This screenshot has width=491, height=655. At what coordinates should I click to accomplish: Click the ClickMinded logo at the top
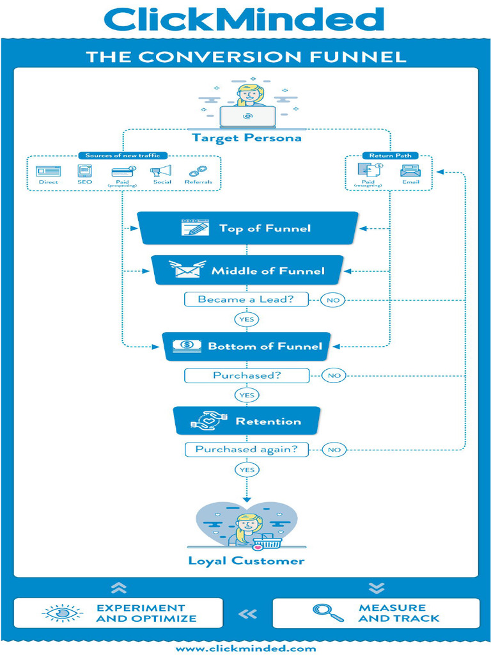[x=244, y=19]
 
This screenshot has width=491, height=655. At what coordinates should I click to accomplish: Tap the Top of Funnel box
[x=248, y=228]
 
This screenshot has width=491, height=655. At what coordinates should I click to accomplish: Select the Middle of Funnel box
[x=248, y=271]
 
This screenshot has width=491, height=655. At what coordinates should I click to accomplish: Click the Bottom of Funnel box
[x=246, y=346]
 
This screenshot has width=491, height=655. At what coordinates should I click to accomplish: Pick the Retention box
[x=246, y=421]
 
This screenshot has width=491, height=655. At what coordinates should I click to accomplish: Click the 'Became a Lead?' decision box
[x=245, y=299]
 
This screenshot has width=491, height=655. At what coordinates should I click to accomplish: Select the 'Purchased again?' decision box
[x=246, y=449]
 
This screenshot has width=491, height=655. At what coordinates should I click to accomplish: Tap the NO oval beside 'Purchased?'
[x=334, y=375]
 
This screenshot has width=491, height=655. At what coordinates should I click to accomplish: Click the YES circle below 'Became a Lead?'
[x=246, y=319]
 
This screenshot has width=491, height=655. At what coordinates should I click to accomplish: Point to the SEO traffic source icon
[x=85, y=171]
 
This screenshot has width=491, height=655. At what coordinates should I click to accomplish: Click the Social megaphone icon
[x=161, y=171]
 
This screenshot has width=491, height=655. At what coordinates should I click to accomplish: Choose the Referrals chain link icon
[x=198, y=171]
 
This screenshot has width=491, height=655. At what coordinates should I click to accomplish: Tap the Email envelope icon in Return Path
[x=410, y=171]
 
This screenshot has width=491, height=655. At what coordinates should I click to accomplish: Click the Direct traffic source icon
[x=48, y=171]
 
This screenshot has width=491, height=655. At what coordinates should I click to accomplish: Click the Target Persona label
[x=246, y=138]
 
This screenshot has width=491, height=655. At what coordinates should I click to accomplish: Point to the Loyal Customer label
[x=246, y=561]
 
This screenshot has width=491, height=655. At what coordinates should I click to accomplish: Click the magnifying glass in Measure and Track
[x=328, y=613]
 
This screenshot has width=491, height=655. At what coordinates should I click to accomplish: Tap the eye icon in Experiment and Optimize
[x=62, y=613]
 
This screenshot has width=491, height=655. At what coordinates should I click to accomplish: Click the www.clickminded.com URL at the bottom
[x=246, y=648]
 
